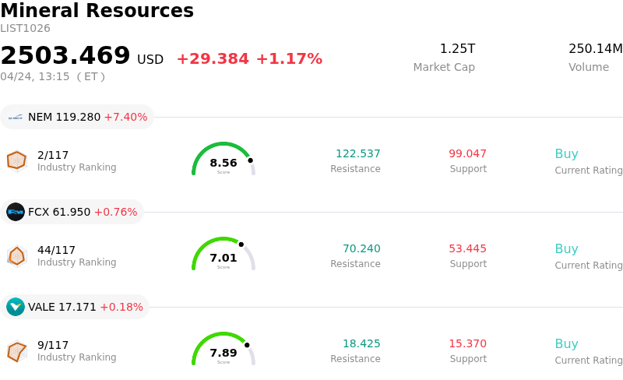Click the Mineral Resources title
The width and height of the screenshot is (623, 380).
97,11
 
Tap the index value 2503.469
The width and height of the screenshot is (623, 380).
65,56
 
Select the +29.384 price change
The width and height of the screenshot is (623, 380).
213,59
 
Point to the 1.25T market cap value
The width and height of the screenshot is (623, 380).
457,49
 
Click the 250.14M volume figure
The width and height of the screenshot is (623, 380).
595,49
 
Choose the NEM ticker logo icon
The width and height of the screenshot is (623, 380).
16,117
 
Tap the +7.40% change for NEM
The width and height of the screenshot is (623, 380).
125,117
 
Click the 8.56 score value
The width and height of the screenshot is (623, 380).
224,163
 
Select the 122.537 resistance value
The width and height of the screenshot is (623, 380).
358,153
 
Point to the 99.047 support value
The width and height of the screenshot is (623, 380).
468,153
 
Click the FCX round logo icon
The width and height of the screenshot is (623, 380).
16,212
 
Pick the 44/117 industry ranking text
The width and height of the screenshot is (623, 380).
56,250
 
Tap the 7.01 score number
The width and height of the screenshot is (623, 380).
224,258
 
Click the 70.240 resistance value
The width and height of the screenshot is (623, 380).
361,248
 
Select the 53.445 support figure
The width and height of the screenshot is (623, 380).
468,248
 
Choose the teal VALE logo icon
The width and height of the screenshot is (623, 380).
16,307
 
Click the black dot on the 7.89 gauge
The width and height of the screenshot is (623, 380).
247,345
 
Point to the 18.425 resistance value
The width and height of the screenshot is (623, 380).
361,343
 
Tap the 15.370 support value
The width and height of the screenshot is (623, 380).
468,343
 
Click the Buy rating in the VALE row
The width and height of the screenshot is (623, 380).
566,343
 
